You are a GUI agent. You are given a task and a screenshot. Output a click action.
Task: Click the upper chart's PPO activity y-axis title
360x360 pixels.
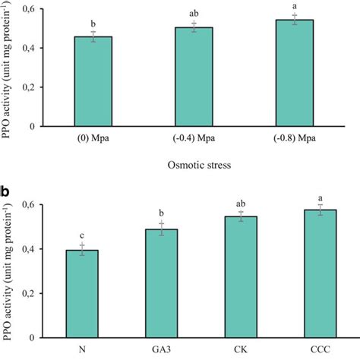pos(11,65)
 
